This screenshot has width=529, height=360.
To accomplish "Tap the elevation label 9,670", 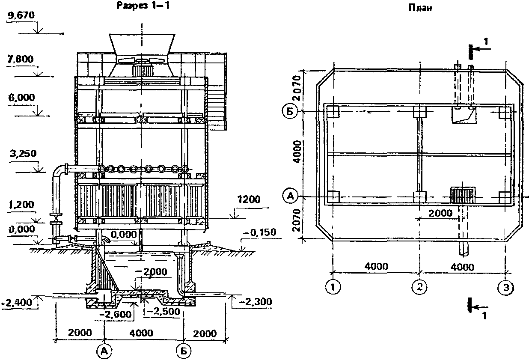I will (x=21, y=17).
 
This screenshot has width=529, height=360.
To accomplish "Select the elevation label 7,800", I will (x=21, y=59).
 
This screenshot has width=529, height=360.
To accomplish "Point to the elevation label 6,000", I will (x=21, y=98).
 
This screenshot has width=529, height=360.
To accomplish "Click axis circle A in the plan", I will (x=290, y=196).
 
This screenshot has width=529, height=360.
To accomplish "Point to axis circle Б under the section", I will (x=183, y=351).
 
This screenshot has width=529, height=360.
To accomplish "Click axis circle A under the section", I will (x=104, y=351).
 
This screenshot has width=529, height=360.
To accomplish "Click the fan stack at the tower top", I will (x=141, y=47).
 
